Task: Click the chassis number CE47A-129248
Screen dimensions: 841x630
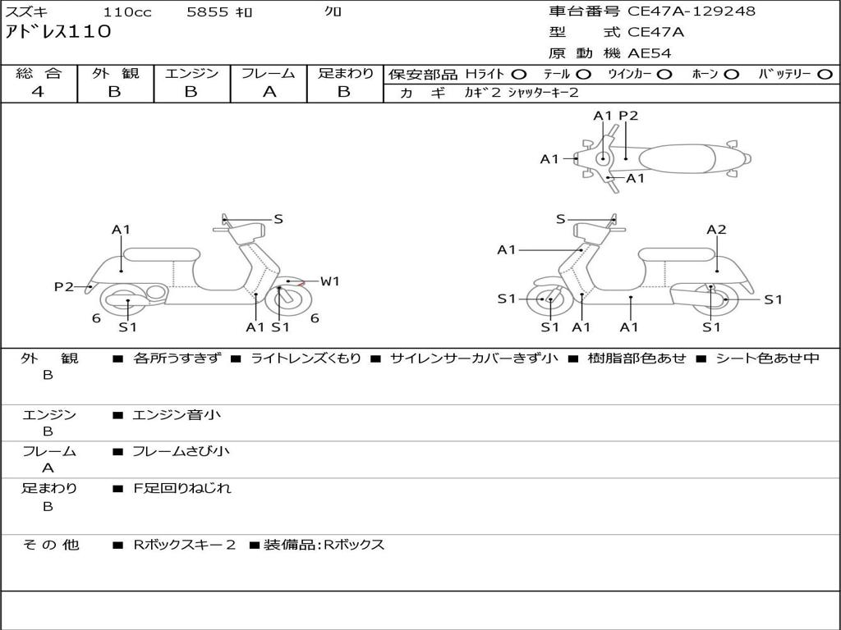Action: coord(692,11)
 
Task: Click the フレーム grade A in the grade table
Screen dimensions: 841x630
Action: coord(269,92)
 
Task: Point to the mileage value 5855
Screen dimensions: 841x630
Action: coord(207,11)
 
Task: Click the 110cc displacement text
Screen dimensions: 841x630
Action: coord(127,11)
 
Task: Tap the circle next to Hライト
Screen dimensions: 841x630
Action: coord(519,75)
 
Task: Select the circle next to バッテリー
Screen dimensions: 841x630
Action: coord(825,75)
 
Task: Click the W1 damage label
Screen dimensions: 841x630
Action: coord(330,281)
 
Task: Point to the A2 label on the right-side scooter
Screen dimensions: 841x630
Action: coord(716,230)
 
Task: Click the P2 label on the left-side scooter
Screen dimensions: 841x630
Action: coord(64,287)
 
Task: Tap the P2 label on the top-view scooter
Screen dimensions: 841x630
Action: coord(628,116)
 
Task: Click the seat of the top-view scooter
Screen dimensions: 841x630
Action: coord(677,158)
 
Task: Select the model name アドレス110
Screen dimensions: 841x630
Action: coord(58,31)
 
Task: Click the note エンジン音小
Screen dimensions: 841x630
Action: coord(177,414)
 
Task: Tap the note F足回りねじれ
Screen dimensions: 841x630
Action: coord(182,488)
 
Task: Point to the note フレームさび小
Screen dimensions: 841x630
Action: coord(181,451)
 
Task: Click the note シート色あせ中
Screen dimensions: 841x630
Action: coord(768,358)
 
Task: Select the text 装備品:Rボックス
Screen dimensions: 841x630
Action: coord(324,545)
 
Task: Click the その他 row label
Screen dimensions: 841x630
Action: coord(50,545)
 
